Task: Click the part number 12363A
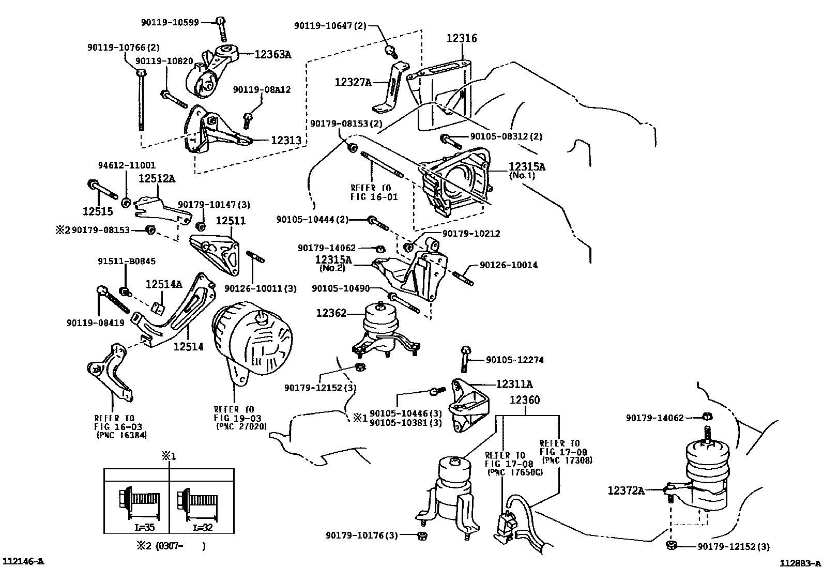(272, 54)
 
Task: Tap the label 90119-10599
(170, 22)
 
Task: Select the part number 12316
(462, 38)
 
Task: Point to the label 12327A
(353, 82)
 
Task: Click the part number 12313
(286, 140)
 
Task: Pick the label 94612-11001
(127, 165)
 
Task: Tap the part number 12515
(98, 211)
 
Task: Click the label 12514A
(164, 284)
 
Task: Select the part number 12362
(331, 313)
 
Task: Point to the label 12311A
(514, 384)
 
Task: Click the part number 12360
(525, 400)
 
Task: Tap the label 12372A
(626, 490)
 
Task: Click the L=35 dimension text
(144, 527)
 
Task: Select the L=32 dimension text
(203, 527)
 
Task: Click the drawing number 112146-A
(23, 561)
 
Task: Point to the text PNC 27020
(242, 426)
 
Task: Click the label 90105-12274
(515, 360)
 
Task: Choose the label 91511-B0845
(127, 261)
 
